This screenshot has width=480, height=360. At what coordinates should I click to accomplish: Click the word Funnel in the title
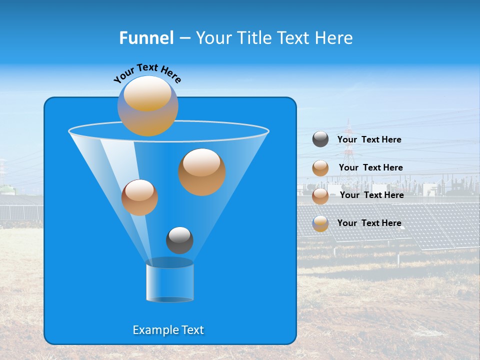coord(146,38)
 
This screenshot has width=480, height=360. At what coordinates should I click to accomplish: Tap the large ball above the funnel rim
coord(147,106)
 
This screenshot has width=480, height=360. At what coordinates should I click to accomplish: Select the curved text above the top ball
coord(147,72)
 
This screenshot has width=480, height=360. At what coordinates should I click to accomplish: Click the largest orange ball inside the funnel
coord(202,172)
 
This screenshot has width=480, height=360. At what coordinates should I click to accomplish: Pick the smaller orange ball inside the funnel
coord(139,197)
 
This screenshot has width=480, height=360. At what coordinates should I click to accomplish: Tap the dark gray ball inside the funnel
coord(179,240)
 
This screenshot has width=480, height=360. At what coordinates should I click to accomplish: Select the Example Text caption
coord(168,330)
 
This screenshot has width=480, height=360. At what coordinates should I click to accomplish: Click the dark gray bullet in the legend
coord(320,139)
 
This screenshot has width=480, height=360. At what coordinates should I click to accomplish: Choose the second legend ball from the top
coord(320,168)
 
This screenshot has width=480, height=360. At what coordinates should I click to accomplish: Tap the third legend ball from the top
coord(320,196)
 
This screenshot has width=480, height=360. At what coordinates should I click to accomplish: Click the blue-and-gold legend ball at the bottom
coord(320,223)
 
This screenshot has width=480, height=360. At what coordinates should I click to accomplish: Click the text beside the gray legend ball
coord(369,139)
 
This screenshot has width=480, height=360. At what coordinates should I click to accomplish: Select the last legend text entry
coord(369,223)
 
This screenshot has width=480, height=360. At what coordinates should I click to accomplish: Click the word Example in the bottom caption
coord(152,330)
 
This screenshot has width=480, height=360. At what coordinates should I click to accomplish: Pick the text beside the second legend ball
coord(370,167)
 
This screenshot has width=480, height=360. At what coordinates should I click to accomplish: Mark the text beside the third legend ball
coord(371,195)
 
